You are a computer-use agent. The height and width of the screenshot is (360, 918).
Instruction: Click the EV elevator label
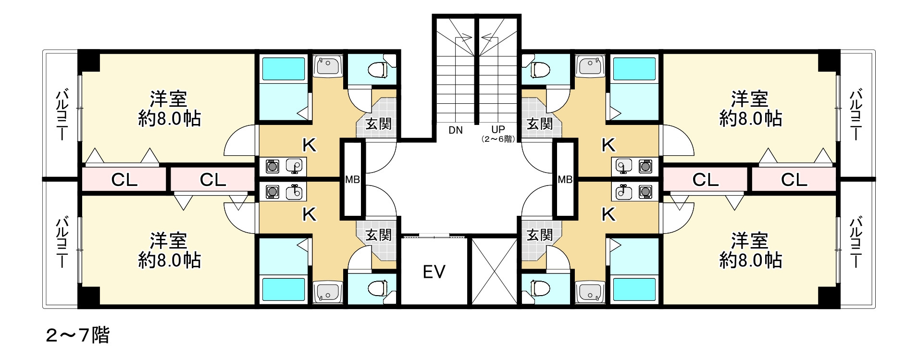(x=434, y=272)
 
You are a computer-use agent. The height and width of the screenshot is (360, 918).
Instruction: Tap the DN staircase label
(x=455, y=130)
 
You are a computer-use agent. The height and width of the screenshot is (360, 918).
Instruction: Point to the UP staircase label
(x=498, y=129)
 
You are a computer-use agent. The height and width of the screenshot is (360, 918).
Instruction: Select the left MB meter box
(x=352, y=179)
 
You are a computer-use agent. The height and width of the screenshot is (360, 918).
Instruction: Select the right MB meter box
(x=565, y=179)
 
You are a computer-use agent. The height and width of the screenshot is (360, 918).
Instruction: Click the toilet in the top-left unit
(x=378, y=70)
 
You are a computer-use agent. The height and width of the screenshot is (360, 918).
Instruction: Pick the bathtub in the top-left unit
(x=284, y=69)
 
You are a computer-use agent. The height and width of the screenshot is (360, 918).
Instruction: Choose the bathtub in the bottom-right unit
(x=634, y=289)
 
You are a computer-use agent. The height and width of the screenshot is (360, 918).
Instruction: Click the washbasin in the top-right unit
(x=591, y=65)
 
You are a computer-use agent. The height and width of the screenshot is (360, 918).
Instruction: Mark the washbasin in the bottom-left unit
(x=327, y=292)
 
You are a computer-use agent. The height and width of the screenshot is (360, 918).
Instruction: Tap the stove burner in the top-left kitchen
(x=273, y=167)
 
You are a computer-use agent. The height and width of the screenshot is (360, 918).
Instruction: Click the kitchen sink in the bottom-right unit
(x=623, y=192)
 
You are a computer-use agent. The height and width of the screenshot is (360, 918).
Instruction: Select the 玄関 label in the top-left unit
(x=378, y=124)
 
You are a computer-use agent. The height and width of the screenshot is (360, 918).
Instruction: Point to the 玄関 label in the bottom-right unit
(x=540, y=235)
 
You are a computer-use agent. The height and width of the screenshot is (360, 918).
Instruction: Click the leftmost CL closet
(x=124, y=180)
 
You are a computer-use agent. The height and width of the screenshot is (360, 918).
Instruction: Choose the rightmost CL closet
(x=794, y=180)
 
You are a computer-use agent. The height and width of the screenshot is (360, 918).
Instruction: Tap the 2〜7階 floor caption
(x=77, y=335)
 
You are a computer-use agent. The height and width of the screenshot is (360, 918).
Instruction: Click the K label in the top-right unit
(x=608, y=145)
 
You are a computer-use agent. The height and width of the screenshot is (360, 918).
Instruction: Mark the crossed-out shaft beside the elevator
(x=494, y=271)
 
